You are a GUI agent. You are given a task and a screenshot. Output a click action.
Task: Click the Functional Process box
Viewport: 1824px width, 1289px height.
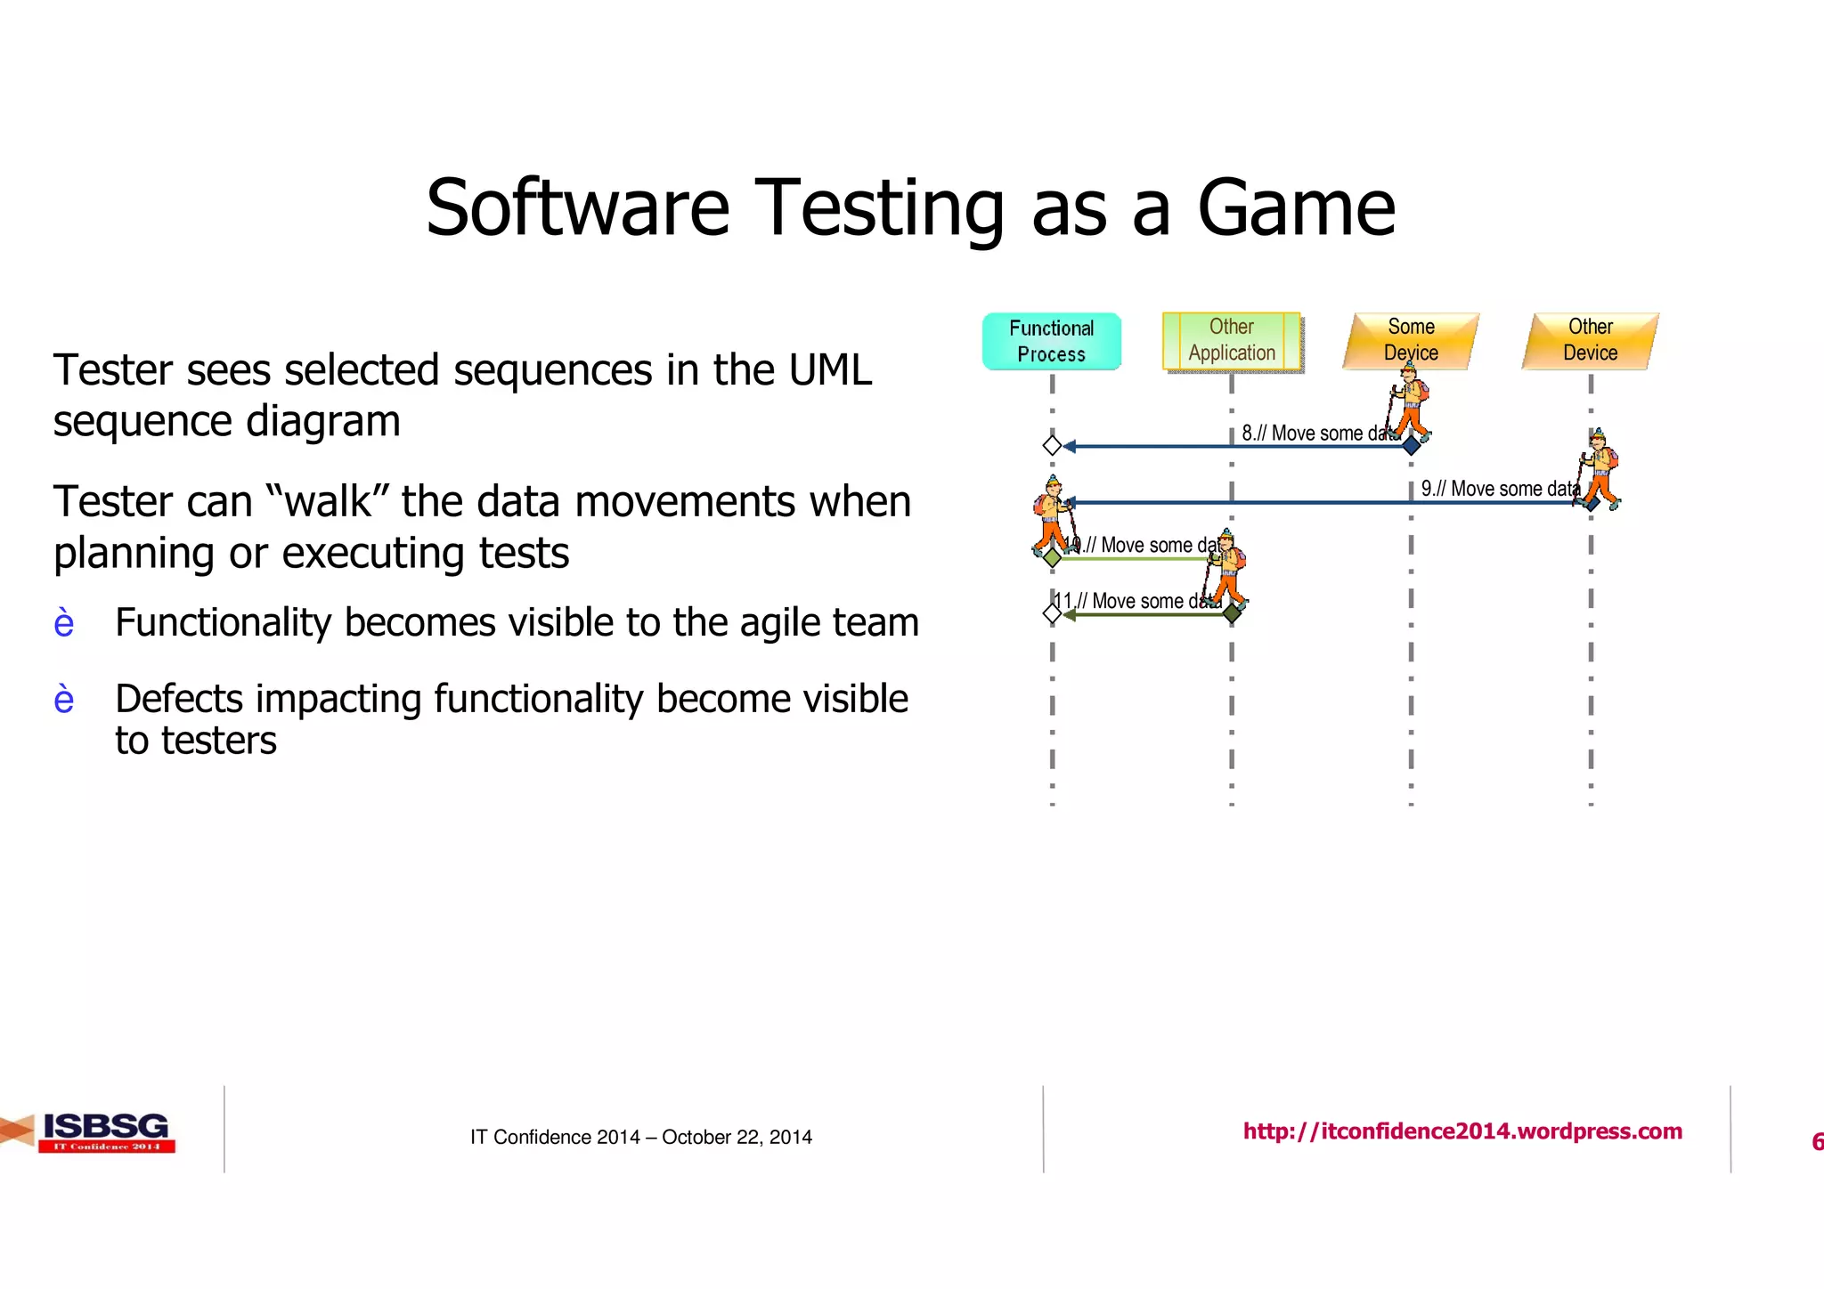(x=1051, y=341)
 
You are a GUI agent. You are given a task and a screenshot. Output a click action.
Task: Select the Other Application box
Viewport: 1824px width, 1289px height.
(x=1232, y=340)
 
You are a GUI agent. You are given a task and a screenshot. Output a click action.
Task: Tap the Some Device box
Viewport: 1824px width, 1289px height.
(x=1411, y=340)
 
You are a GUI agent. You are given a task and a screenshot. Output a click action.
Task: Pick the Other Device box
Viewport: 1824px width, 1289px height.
(x=1591, y=340)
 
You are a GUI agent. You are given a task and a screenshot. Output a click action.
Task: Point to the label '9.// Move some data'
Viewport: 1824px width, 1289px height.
(x=1499, y=489)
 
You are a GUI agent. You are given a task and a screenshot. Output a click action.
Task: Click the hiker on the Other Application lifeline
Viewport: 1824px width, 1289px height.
(x=1226, y=570)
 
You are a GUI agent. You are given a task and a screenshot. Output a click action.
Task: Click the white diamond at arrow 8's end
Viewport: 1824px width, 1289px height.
(x=1052, y=445)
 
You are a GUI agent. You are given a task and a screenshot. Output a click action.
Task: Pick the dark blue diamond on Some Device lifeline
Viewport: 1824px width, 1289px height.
(x=1411, y=445)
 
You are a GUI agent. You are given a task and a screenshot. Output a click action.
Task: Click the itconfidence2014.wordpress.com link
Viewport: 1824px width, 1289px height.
(x=1462, y=1131)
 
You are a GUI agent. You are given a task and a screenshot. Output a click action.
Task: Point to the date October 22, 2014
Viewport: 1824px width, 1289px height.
(x=737, y=1137)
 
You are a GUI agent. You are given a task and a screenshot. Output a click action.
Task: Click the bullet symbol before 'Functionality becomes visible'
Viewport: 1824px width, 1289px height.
(x=64, y=623)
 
